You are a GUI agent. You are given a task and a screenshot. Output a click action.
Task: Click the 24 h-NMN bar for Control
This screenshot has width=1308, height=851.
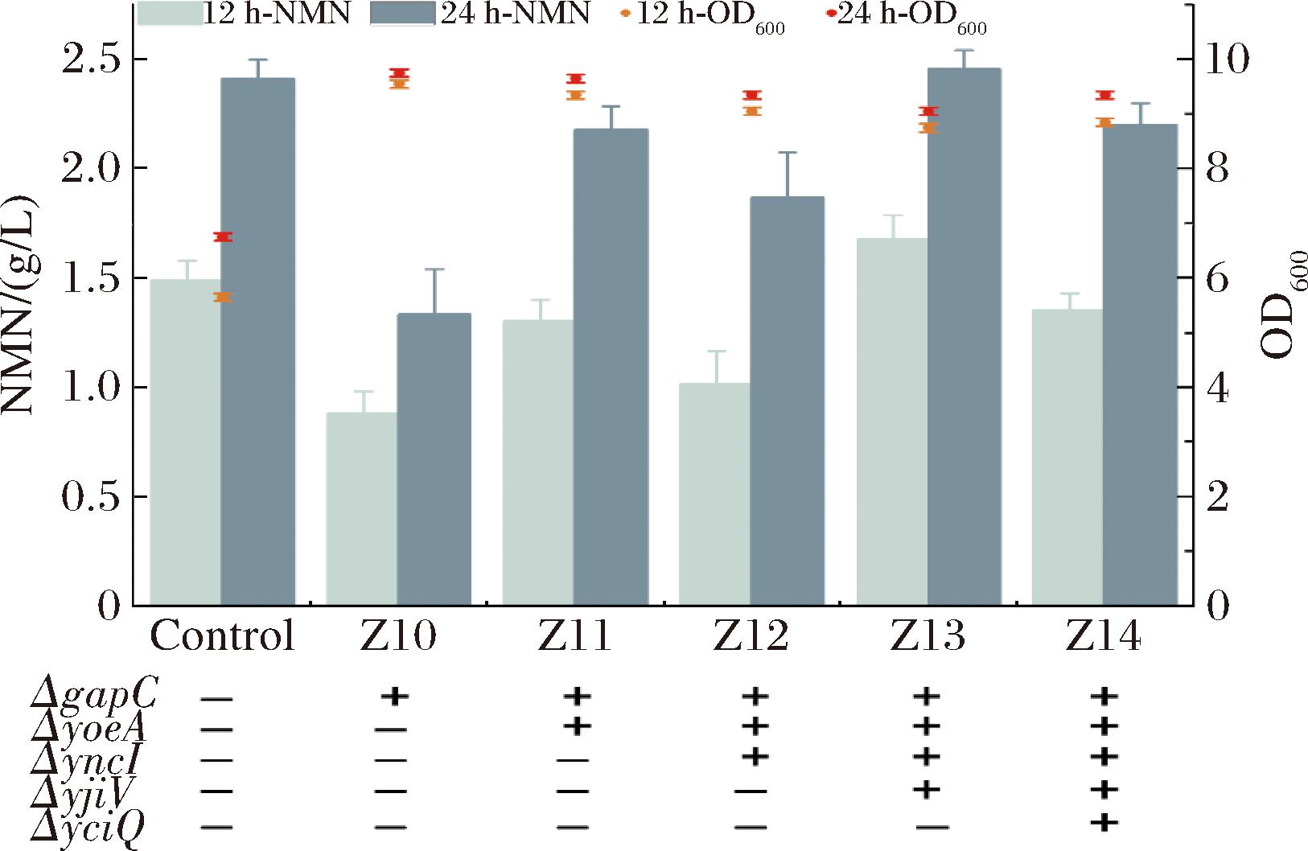point(258,342)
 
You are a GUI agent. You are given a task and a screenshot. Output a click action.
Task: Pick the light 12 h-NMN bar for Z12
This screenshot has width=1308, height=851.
point(714,494)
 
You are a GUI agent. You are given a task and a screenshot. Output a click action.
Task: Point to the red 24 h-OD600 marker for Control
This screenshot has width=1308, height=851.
point(223,237)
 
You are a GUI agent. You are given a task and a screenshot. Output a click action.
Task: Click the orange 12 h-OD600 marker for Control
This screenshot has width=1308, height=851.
point(223,298)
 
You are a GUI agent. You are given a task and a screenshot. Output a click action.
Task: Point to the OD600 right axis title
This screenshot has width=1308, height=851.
point(1284,306)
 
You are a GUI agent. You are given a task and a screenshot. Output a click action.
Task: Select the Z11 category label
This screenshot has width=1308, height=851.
point(574,637)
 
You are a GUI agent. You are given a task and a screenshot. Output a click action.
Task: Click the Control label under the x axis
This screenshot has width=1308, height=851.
point(223,637)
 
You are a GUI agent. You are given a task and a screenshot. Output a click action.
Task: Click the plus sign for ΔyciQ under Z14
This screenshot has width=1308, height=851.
point(1107,821)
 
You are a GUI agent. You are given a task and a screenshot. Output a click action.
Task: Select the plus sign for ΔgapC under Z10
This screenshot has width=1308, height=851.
point(396,696)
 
